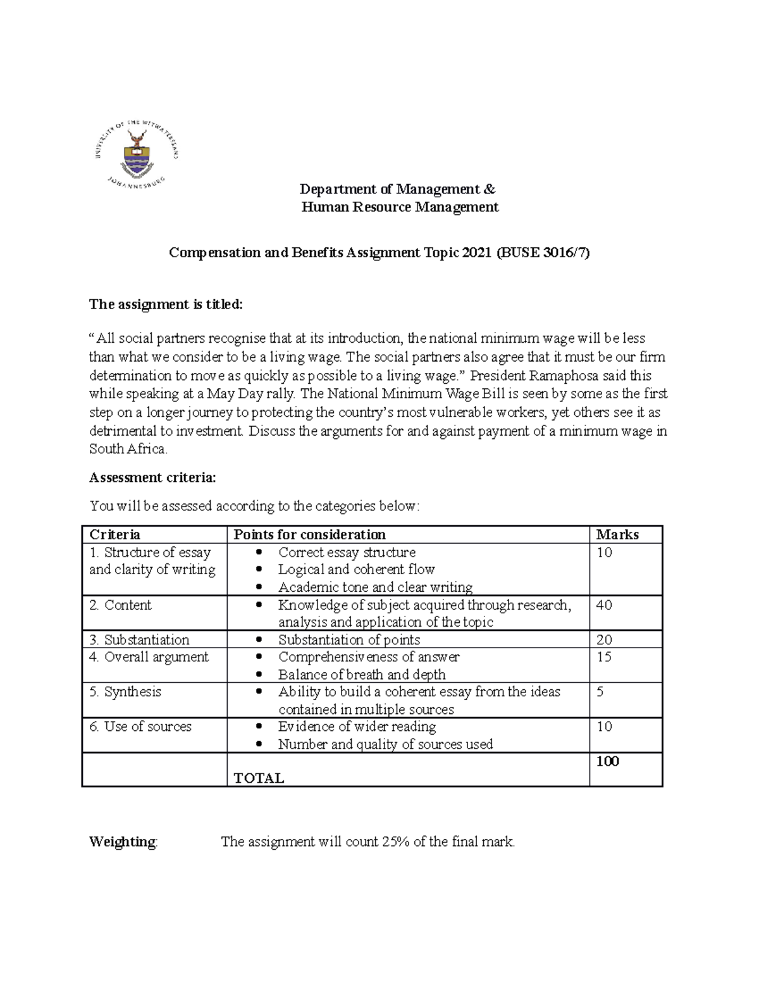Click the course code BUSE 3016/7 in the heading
[543, 253]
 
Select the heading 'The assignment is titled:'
[166, 304]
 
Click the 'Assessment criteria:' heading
[152, 478]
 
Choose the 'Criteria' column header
[114, 535]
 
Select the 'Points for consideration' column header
[309, 535]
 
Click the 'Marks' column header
[617, 535]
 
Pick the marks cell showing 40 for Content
[604, 605]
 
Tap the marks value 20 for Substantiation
[604, 640]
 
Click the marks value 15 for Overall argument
[604, 658]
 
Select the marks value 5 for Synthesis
[600, 692]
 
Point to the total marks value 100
[607, 761]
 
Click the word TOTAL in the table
[259, 778]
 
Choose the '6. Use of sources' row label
[140, 727]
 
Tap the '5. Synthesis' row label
[125, 692]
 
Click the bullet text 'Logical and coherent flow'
[356, 570]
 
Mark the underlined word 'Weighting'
[122, 842]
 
